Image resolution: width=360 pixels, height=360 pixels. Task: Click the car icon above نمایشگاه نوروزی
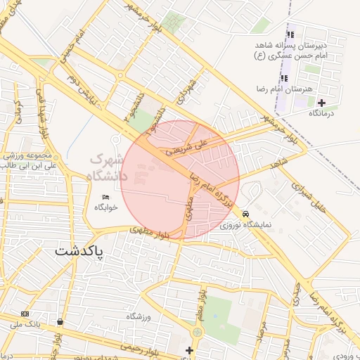pyautogui.click(x=245, y=214)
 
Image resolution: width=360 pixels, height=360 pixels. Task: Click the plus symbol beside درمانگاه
pyautogui.click(x=321, y=103)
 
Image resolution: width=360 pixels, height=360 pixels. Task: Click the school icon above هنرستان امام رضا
pyautogui.click(x=284, y=78)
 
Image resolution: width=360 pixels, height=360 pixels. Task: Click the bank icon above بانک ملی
pyautogui.click(x=25, y=314)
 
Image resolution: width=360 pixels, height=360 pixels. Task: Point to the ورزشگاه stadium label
pyautogui.click(x=139, y=318)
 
